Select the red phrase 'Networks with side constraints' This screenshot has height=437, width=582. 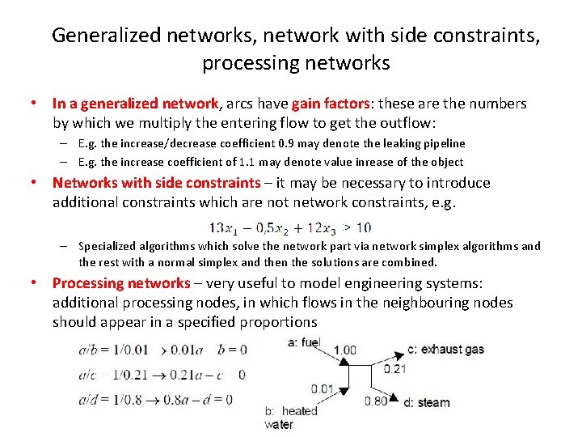pos(157,182)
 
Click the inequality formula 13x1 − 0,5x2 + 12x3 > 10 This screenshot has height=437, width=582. pos(289,227)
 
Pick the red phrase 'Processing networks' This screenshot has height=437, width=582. pos(121,283)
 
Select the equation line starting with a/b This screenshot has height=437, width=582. pos(162,350)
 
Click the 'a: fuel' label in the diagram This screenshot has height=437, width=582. pos(304,343)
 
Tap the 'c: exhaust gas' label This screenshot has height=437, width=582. pos(445,349)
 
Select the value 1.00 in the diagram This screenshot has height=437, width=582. pos(345,350)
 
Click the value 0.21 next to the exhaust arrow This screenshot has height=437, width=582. pos(395,368)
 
